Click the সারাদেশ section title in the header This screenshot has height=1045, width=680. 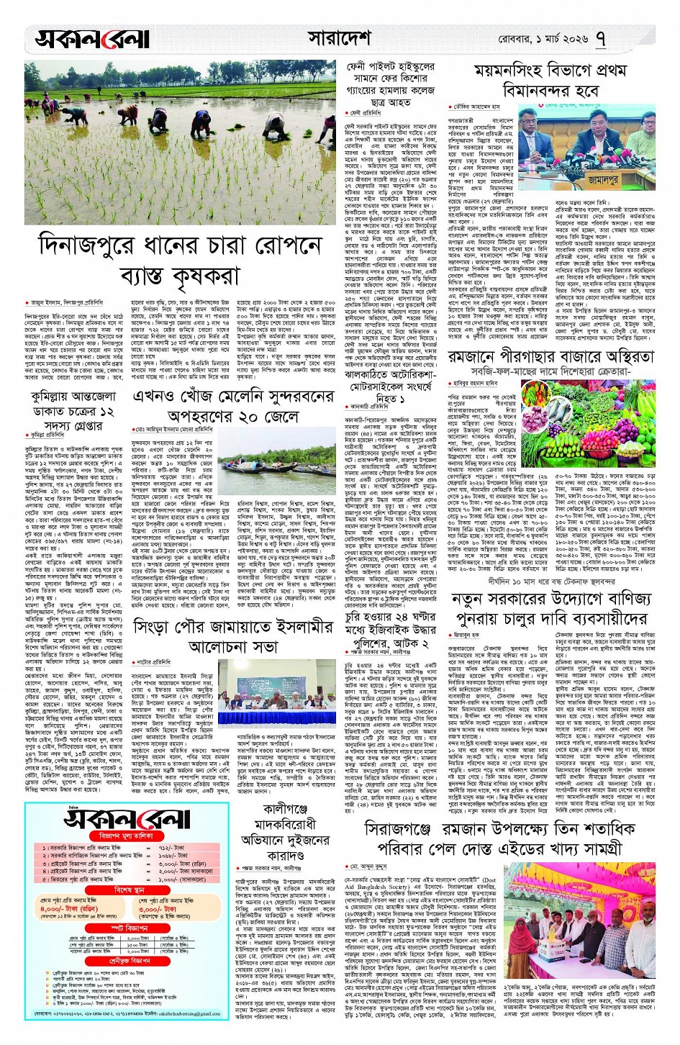point(339,37)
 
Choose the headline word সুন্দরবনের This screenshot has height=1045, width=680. point(296,397)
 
